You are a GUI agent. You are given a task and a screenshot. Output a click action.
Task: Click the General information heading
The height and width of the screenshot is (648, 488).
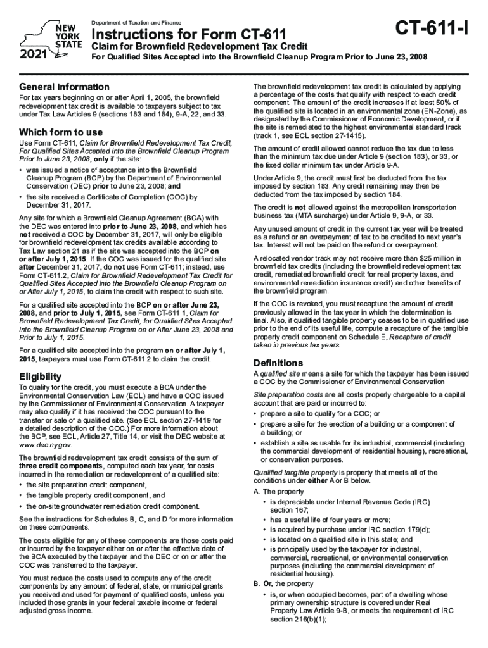pos(64,87)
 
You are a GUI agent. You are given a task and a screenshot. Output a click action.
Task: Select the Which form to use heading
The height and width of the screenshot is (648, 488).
pos(61,132)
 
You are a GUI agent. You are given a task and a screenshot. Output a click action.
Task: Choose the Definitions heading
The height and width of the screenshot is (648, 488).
pos(278,363)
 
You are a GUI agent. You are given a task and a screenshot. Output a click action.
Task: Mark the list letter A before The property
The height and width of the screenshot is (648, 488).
pos(256,492)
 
